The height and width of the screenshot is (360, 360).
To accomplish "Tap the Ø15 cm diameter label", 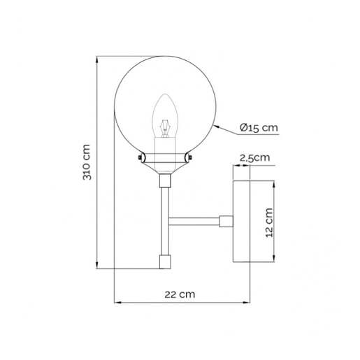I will pyautogui.click(x=258, y=127).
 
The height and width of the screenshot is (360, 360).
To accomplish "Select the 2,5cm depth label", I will pyautogui.click(x=254, y=159).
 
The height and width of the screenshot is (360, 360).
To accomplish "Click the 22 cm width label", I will pyautogui.click(x=181, y=294).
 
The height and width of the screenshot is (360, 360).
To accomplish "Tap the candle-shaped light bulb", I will pyautogui.click(x=165, y=118).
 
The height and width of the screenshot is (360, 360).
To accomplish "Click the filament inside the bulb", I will pyautogui.click(x=165, y=129).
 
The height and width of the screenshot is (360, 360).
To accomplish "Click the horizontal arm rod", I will pyautogui.click(x=194, y=222).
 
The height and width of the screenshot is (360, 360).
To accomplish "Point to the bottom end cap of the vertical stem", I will pyautogui.click(x=165, y=261).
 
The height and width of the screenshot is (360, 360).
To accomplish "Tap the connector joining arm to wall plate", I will pyautogui.click(x=226, y=222).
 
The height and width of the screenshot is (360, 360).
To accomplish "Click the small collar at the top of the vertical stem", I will pyautogui.click(x=165, y=182).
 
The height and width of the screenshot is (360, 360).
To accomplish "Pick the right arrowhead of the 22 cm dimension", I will pyautogui.click(x=248, y=303).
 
